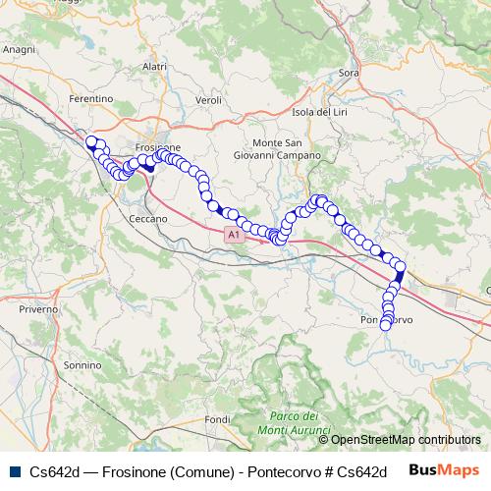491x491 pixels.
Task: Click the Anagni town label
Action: [x=20, y=47]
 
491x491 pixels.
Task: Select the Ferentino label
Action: [x=92, y=99]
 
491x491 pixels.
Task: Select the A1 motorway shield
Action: [x=232, y=236]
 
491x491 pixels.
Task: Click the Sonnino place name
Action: [x=82, y=364]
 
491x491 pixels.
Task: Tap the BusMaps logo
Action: [x=445, y=470]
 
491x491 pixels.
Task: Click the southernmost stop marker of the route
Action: [x=387, y=326]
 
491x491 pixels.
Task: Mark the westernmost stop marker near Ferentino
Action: [x=91, y=142]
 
